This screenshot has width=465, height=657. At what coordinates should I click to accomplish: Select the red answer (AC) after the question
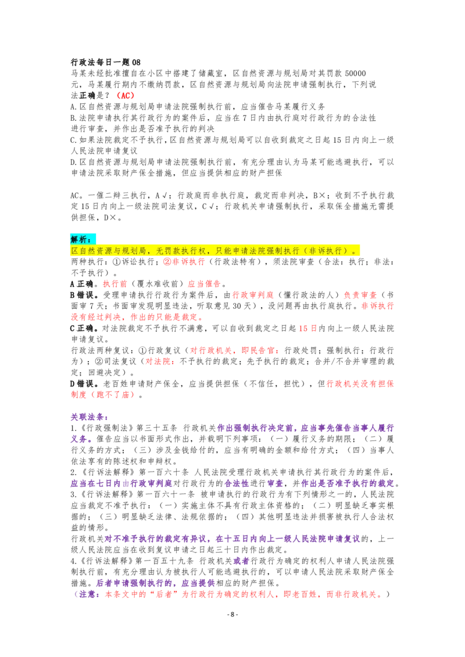coord(125,96)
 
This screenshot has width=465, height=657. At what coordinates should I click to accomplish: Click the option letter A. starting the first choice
coord(74,107)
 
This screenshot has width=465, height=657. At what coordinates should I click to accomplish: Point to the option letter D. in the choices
coord(74,162)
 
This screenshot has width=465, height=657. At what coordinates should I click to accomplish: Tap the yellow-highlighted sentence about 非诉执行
coord(215,251)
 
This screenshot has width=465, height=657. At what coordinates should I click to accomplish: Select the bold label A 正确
coord(85,284)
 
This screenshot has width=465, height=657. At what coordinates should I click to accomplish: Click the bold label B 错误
coord(85,295)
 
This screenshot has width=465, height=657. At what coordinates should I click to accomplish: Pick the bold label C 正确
coord(85,328)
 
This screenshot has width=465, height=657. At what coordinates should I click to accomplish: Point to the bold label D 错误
coord(85,384)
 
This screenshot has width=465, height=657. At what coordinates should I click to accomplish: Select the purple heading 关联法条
coord(90,417)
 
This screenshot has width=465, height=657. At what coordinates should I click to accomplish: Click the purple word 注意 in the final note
coord(88,594)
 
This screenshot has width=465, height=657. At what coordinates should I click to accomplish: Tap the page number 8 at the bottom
coord(233,615)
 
